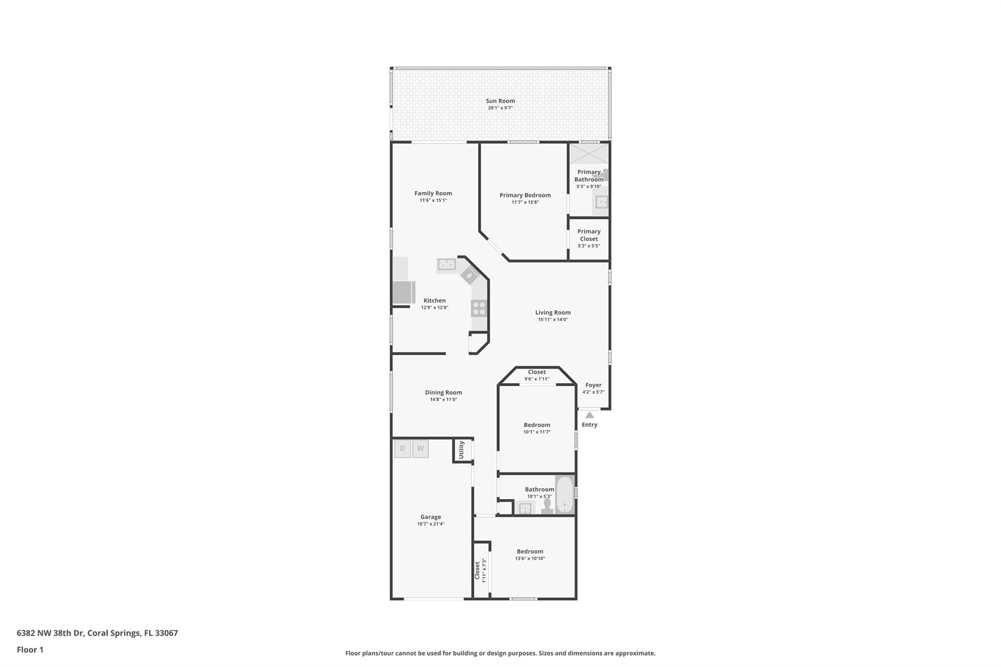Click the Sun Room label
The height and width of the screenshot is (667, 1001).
[x=500, y=101]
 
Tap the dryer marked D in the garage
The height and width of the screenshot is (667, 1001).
[x=402, y=449]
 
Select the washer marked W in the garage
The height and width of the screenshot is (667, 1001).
[x=420, y=449]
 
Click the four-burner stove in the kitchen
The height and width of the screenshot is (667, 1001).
[x=479, y=308]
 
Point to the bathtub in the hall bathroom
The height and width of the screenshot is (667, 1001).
[x=565, y=495]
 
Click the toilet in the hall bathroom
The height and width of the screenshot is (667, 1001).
[x=547, y=506]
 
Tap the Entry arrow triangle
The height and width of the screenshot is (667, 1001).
[x=589, y=415]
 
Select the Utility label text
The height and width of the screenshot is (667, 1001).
[x=461, y=450]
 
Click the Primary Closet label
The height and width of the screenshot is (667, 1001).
[x=589, y=235]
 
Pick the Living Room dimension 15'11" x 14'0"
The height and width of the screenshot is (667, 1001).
[x=553, y=320]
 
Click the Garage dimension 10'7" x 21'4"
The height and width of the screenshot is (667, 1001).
[x=431, y=524]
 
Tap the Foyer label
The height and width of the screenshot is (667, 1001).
[x=593, y=385]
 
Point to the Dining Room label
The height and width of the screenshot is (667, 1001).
[x=443, y=392]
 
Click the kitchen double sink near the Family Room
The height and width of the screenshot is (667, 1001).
[x=447, y=265]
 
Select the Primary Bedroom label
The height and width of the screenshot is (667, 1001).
[x=525, y=195]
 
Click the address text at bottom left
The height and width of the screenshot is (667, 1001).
[x=97, y=633]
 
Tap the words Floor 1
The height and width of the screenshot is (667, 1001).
[x=30, y=649]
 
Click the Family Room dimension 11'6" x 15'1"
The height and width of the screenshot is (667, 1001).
[x=433, y=200]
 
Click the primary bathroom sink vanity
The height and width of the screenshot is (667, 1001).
[x=601, y=201]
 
